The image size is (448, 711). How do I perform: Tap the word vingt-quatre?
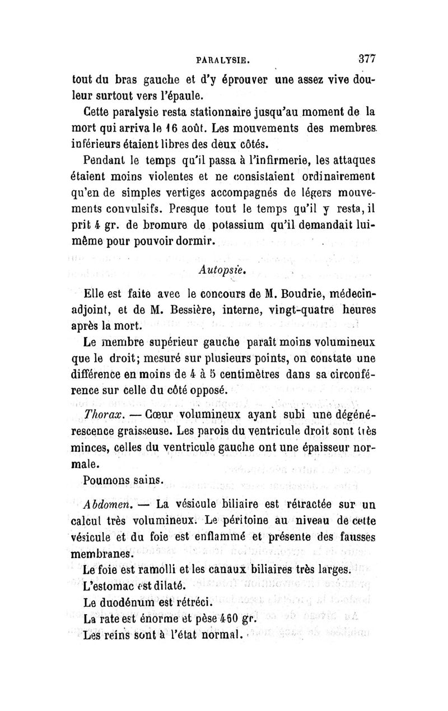pyautogui.click(x=301, y=310)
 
